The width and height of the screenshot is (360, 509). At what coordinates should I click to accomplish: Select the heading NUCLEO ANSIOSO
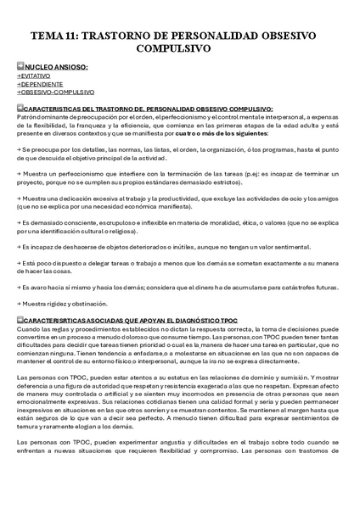(x=55, y=65)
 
